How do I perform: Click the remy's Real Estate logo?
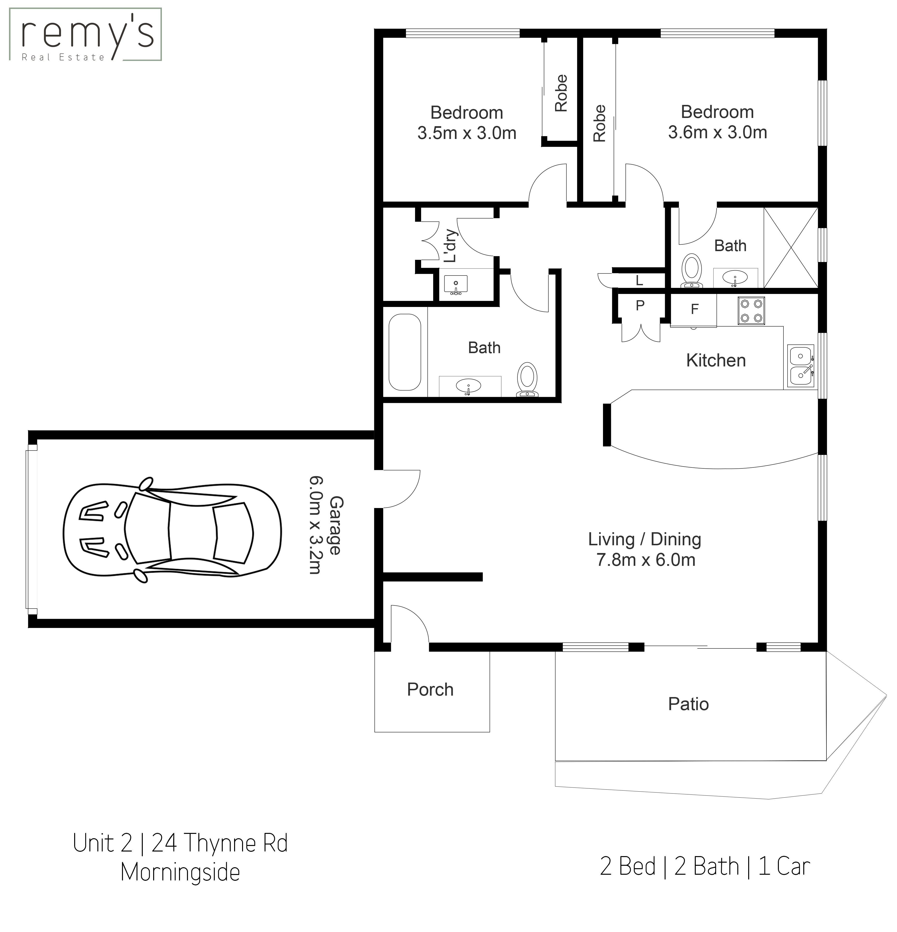[x=86, y=34]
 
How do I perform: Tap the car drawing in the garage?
[x=172, y=530]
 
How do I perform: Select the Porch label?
[x=430, y=690]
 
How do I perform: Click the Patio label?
[x=688, y=704]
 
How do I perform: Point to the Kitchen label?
[x=716, y=360]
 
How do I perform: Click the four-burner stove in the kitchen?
[x=751, y=311]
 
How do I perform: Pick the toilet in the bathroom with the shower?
[x=691, y=271]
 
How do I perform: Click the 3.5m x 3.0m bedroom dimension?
[x=467, y=133]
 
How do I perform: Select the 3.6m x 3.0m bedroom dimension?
[x=717, y=132]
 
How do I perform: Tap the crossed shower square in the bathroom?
[x=790, y=247]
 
